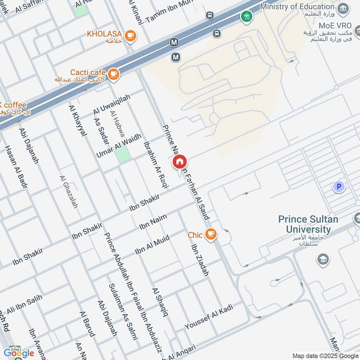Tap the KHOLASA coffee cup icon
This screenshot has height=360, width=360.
coord(130,35)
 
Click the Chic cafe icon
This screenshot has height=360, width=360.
coord(210,234)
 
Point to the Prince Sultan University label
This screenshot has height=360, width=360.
coord(310,224)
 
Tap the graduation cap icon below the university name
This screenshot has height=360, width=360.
coord(323,259)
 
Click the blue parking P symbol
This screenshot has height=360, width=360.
coord(338,186)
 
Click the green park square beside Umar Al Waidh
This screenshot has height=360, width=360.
coord(122,154)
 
